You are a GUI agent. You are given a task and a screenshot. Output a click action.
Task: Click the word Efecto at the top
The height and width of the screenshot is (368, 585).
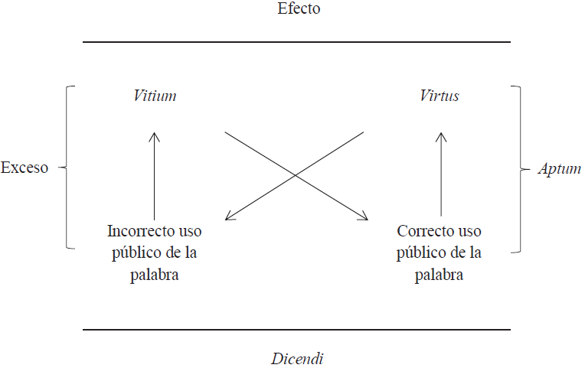coord(299,9)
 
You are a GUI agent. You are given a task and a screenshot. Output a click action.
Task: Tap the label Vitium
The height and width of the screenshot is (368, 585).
coord(155,96)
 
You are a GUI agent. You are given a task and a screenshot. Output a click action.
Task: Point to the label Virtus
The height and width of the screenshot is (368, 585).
coord(440,96)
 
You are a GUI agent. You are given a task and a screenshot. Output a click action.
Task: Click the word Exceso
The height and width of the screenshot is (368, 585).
coord(25,168)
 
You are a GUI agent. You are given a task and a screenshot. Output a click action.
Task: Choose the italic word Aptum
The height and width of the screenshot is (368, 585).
coord(559,169)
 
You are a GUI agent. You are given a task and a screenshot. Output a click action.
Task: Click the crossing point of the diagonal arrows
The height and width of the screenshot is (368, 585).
coord(296,176)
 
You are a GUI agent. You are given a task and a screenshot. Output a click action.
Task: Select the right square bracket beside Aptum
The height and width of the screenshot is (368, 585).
coord(520,168)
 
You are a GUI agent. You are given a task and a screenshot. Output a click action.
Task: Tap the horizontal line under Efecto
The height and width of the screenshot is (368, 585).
coord(296,42)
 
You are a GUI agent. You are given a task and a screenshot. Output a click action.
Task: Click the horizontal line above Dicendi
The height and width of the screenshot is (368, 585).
coord(296,330)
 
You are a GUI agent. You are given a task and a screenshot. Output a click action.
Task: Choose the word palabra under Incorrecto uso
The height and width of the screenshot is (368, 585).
coord(154,275)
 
